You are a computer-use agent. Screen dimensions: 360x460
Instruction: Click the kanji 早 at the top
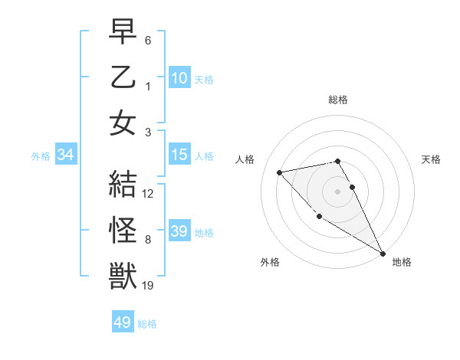click(x=123, y=32)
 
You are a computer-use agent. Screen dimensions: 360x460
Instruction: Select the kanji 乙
click(x=123, y=77)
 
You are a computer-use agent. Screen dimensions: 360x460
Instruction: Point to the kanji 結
click(x=123, y=184)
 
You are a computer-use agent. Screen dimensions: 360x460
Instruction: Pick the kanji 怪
click(x=123, y=230)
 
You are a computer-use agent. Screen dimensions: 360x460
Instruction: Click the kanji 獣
click(x=123, y=276)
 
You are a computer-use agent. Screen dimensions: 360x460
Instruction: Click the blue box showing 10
click(x=179, y=78)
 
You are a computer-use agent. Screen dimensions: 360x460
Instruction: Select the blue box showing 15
click(x=179, y=155)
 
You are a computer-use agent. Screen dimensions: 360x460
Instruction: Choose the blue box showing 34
click(x=66, y=155)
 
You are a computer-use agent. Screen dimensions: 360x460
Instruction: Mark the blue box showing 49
click(x=123, y=322)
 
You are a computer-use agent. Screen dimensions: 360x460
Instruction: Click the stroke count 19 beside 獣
click(x=148, y=286)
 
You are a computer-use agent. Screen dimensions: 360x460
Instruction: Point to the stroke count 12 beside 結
click(x=148, y=194)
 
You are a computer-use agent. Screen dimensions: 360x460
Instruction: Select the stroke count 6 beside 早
click(x=148, y=40)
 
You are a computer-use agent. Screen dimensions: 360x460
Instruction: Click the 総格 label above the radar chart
click(x=337, y=100)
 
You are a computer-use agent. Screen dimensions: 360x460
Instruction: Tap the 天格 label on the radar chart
click(x=432, y=159)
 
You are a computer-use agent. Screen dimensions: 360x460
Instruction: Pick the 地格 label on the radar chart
click(x=402, y=262)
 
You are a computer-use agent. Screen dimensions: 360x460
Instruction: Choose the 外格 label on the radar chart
click(x=270, y=262)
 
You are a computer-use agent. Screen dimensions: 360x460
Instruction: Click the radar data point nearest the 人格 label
click(x=280, y=172)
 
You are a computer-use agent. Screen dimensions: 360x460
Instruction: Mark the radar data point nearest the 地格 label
click(x=383, y=254)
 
